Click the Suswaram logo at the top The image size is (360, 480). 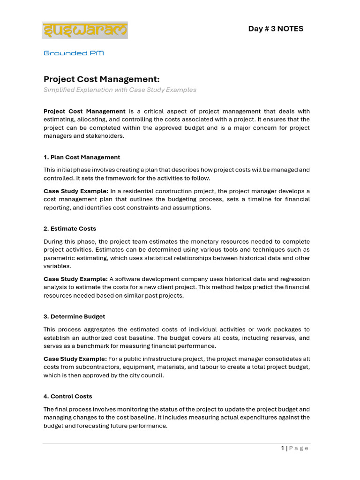pos(85,30)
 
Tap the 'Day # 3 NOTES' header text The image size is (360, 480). pos(276,29)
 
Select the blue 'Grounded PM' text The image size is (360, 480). pos(74,53)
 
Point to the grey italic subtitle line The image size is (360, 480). pos(120,90)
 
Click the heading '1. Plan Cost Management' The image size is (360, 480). pos(82,157)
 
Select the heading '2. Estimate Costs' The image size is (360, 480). pos(70,228)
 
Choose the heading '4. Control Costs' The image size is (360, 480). pos(68,396)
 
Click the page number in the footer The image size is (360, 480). pos(283,448)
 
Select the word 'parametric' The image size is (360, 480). pos(58,258)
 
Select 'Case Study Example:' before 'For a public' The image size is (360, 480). pos(75,359)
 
